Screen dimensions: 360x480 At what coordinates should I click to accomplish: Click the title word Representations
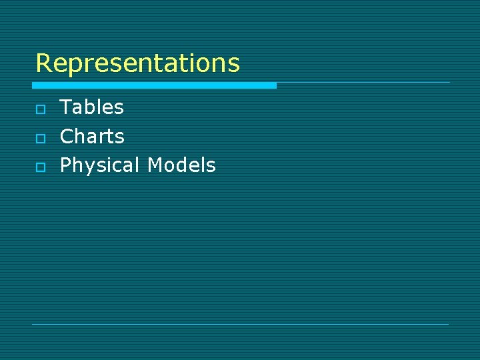tap(137, 63)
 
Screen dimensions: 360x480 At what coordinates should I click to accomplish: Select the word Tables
tap(92, 107)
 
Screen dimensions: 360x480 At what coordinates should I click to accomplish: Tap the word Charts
tap(92, 137)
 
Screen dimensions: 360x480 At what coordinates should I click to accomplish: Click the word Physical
tap(100, 165)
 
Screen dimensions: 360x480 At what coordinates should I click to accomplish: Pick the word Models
tap(181, 165)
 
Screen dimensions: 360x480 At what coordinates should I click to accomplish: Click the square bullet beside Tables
tap(40, 109)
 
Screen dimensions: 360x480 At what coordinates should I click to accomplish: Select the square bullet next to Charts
tap(40, 138)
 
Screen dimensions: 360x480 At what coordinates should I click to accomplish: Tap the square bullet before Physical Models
tap(40, 167)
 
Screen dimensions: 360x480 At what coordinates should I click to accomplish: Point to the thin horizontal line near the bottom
tap(240, 324)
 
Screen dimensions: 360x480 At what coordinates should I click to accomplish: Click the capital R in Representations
tap(43, 63)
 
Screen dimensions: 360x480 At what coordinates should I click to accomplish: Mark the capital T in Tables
tap(66, 107)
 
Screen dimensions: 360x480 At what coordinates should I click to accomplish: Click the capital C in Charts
tap(67, 137)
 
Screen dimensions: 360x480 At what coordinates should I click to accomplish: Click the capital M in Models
tap(155, 165)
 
